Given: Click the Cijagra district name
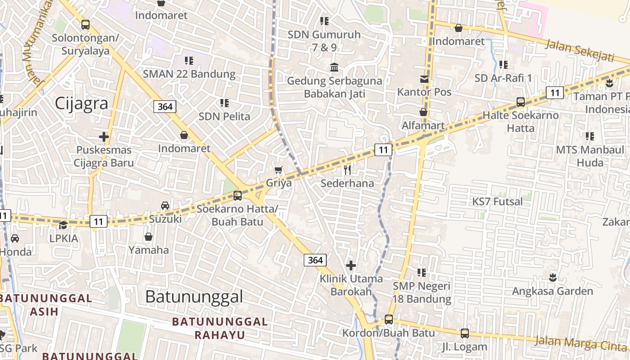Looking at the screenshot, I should point(81,103).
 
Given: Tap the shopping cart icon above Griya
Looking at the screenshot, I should point(279,170).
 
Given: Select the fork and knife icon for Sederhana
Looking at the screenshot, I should point(347,170).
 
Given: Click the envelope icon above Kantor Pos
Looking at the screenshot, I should point(424,79).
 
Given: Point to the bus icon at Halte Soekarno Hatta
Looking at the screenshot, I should point(521,102).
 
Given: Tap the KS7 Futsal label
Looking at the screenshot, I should point(498,202).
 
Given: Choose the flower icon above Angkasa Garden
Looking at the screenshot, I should point(553,277).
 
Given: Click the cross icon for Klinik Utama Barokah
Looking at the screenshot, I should point(351,265).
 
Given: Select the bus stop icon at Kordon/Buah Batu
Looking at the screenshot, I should point(389,319).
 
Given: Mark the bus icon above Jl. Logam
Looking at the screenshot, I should point(465,333).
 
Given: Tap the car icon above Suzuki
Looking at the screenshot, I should point(165,206).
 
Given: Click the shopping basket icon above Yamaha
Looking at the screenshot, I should point(148,237).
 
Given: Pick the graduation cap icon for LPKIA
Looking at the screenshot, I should point(63,225).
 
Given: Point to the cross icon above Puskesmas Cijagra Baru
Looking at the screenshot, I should point(104,136).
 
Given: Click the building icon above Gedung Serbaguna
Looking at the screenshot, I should point(334,67).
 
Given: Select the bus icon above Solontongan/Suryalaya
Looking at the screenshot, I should point(85,25).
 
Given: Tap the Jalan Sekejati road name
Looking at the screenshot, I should point(580,50).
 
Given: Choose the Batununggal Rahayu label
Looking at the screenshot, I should point(220,328).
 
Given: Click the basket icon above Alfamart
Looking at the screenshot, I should point(423,112).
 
